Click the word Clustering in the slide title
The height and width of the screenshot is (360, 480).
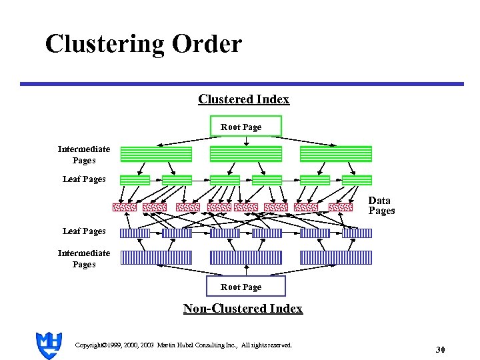(105, 44)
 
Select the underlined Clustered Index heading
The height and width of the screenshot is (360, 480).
(243, 99)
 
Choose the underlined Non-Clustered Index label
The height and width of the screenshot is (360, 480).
(243, 308)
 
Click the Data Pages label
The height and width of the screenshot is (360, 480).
(381, 205)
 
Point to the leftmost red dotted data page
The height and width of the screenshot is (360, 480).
(124, 207)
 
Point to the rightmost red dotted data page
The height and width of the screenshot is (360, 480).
(341, 207)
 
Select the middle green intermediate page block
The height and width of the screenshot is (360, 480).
(246, 154)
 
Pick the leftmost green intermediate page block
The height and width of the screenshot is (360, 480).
(155, 154)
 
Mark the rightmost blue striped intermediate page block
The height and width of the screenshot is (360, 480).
(336, 257)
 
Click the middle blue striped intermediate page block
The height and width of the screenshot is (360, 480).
(246, 257)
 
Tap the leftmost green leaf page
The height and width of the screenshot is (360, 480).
(135, 180)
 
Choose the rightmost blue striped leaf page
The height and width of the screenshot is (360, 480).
(357, 233)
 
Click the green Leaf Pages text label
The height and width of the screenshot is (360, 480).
(84, 179)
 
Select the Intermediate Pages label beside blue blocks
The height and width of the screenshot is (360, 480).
(84, 259)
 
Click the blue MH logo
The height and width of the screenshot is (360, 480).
(48, 345)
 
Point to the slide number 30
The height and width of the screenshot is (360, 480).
(440, 349)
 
